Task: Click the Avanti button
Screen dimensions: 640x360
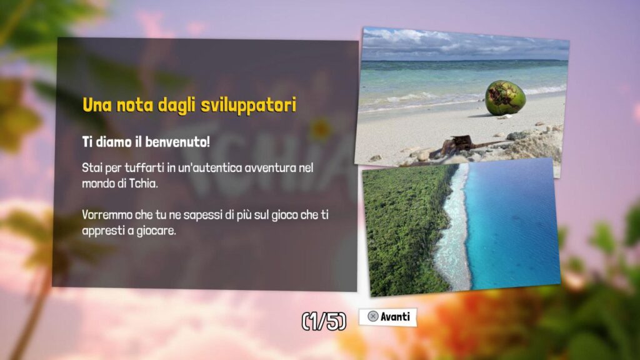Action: [387, 317]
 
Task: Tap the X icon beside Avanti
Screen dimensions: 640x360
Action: [372, 316]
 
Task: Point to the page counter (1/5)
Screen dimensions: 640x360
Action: [324, 321]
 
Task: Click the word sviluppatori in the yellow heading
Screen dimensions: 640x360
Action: [249, 105]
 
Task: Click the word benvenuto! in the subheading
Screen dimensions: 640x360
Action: [177, 142]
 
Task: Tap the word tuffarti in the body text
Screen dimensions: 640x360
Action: [144, 167]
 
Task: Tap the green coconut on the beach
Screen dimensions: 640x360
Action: [505, 97]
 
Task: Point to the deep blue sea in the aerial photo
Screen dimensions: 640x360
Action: [514, 224]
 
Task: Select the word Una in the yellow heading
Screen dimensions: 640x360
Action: [97, 105]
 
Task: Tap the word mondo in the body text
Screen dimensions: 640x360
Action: [98, 183]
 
